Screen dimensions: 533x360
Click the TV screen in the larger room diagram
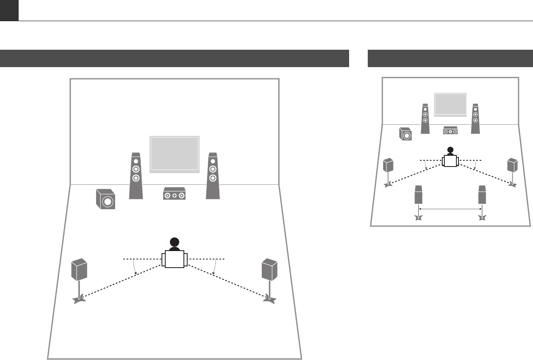tap(174, 154)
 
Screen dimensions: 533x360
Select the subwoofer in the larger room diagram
tap(105, 200)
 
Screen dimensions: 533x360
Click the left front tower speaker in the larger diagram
tap(136, 176)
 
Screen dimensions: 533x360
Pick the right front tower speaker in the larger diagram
tap(212, 176)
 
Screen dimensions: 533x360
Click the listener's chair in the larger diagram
tap(174, 259)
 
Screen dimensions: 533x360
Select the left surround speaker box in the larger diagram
tap(79, 269)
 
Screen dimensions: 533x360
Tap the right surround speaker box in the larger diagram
tap(269, 269)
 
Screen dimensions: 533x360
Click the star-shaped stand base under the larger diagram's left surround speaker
tap(79, 299)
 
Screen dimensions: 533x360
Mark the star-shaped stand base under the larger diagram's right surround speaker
tap(269, 299)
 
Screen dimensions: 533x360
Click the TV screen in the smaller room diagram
tap(450, 105)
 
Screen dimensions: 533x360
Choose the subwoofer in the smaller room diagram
tap(405, 134)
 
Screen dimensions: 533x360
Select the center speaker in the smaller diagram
tap(450, 130)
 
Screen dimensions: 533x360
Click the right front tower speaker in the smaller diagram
tap(475, 118)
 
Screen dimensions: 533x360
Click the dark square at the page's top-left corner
tap(9, 10)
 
